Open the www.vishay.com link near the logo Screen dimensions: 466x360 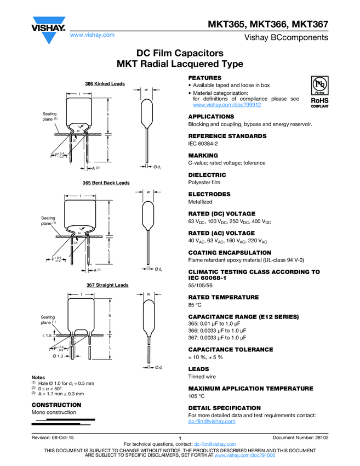tap(92, 35)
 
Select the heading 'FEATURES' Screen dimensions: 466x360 tap(204, 78)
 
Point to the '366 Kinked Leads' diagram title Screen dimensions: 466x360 tap(105, 84)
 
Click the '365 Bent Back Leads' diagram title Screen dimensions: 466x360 tap(106, 183)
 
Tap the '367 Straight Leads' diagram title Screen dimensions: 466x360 tap(107, 285)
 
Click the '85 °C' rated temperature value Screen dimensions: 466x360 tap(196, 305)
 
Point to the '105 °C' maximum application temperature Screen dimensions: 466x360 tap(197, 396)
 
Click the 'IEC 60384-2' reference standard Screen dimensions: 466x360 tap(203, 143)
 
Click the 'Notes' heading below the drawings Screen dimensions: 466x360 tap(38, 378)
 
